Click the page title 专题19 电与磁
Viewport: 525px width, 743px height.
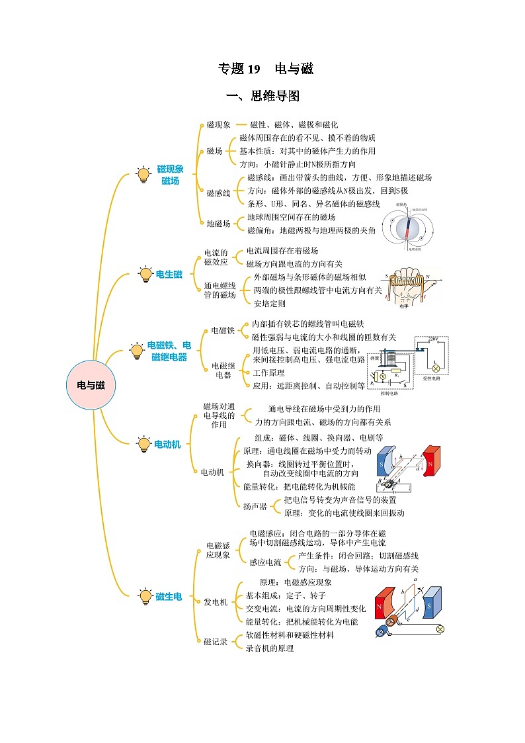[x=265, y=68]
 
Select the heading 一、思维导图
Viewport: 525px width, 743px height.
[x=262, y=97]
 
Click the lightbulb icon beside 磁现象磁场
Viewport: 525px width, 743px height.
[x=143, y=175]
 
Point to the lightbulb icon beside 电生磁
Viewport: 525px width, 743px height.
[x=145, y=275]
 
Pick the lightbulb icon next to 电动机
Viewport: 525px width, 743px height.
[x=143, y=444]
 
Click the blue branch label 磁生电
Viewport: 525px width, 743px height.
[x=169, y=597]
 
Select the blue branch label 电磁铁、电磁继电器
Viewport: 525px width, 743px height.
[x=169, y=351]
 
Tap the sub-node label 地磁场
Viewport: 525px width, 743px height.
[x=218, y=224]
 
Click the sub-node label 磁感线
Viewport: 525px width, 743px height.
[x=218, y=193]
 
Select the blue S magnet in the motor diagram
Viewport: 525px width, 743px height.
[x=384, y=465]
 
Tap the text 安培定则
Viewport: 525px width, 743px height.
[x=270, y=304]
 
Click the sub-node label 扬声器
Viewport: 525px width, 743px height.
[x=255, y=506]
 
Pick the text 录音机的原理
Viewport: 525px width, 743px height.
[x=270, y=648]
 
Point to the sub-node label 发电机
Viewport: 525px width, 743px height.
[x=215, y=602]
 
